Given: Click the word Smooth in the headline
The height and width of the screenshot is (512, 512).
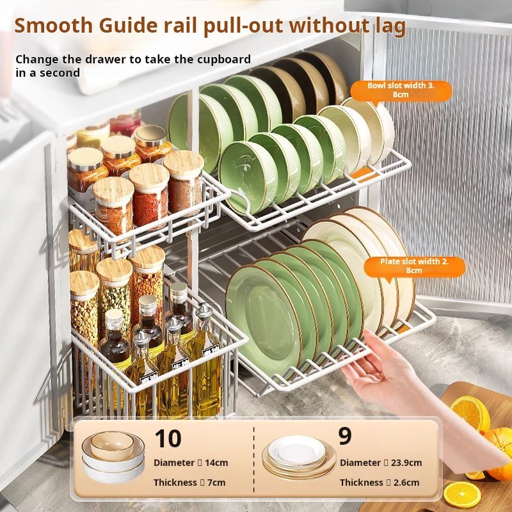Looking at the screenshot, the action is click(54, 26).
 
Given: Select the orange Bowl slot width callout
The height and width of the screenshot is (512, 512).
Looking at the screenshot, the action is click(401, 90).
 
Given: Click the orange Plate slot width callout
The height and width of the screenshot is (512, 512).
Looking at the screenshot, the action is click(414, 266).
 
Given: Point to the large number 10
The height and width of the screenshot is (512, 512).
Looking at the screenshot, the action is click(168, 438).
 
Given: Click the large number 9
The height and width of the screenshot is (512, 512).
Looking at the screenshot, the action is click(345, 436).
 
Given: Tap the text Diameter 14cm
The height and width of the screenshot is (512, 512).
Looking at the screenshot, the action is click(191, 463).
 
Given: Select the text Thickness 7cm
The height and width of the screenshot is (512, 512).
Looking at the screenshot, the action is click(189, 483).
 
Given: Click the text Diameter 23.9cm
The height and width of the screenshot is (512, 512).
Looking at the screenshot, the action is click(381, 463).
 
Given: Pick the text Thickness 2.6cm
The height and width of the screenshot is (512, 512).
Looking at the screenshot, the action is click(380, 483).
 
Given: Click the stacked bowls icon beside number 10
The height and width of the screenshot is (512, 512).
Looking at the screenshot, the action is click(113, 456).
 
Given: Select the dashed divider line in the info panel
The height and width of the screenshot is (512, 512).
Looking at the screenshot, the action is click(253, 460).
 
